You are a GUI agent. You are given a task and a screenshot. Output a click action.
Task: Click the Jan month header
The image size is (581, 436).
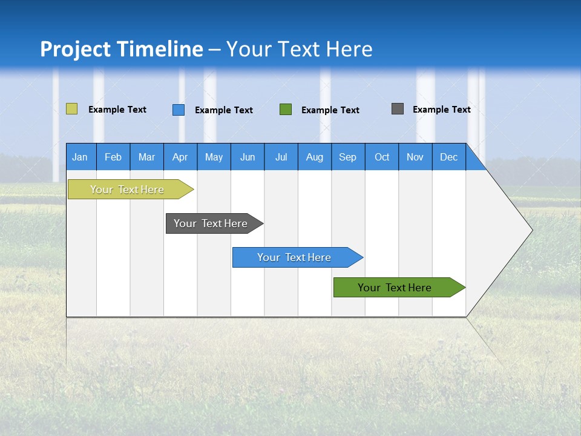coord(80,157)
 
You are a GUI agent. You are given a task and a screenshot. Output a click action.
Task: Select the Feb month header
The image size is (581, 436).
coord(113,157)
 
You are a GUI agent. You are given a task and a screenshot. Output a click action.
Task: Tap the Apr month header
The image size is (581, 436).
coord(180,157)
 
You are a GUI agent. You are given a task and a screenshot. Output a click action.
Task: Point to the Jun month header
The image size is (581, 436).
coord(248,157)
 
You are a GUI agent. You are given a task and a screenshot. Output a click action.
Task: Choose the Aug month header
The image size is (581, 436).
coord(314,157)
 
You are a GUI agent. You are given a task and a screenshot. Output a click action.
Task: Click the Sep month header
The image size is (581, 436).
coord(347,157)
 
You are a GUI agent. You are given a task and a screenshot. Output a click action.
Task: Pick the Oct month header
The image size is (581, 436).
coord(382,157)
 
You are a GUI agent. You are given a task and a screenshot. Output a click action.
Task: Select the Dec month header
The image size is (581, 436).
coord(448,157)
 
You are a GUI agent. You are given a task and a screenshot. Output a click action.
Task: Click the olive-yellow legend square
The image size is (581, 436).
coord(71,109)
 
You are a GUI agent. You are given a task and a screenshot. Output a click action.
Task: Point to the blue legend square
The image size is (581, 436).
coord(179,110)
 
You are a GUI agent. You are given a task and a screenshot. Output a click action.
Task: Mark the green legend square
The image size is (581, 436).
coord(286,110)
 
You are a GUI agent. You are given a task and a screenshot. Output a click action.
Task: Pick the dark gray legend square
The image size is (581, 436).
coord(398,109)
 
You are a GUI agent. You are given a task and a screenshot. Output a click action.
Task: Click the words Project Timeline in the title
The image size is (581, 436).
coord(122,49)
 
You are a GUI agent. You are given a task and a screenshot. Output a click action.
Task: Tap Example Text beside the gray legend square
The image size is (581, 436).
coord(441,110)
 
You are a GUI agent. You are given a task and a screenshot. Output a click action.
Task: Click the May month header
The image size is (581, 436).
coord(214,157)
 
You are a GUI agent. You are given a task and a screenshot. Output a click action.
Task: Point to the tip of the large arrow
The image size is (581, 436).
coord(531,230)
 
